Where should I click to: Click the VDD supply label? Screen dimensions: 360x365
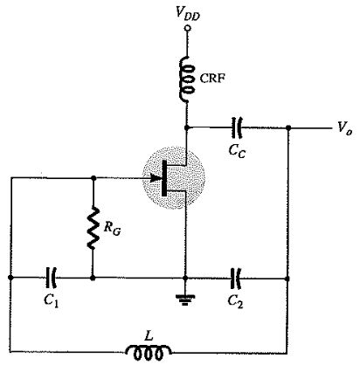188,13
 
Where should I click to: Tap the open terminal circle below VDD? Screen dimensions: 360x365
188,28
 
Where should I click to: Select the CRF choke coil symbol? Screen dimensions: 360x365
187,79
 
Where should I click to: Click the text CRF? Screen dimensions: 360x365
212,78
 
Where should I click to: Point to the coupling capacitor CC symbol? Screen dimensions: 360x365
237,127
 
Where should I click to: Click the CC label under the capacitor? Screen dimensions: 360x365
237,151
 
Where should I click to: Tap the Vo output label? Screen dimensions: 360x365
345,127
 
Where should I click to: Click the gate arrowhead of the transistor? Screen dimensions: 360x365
155,177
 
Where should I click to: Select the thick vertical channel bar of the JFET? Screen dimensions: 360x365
164,178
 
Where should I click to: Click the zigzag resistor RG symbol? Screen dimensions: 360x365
93,228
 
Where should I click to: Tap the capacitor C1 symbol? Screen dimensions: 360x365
52,278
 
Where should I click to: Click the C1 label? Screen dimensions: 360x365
52,300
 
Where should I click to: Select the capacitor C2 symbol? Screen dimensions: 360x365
236,279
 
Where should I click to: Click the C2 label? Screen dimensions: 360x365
235,301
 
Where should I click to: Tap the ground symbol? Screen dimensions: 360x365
184,300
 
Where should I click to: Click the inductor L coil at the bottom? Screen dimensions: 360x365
149,353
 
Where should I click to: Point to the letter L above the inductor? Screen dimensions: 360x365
149,336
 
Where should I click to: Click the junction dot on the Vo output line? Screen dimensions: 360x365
288,127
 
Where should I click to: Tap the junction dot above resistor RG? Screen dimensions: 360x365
93,177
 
